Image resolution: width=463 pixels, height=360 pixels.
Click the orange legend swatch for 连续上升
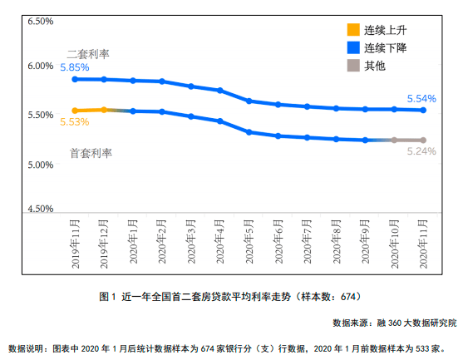pyautogui.click(x=352, y=31)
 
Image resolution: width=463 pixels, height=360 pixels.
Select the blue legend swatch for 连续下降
pyautogui.click(x=352, y=47)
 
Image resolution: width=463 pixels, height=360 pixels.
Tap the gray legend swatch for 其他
pyautogui.click(x=352, y=65)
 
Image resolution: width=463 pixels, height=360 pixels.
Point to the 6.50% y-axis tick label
pyautogui.click(x=41, y=20)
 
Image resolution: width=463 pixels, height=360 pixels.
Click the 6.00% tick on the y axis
pyautogui.click(x=41, y=67)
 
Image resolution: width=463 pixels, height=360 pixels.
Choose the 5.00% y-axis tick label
pyautogui.click(x=41, y=165)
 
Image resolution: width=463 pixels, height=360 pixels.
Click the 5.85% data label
pyautogui.click(x=75, y=67)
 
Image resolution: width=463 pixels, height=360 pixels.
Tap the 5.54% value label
pyautogui.click(x=421, y=98)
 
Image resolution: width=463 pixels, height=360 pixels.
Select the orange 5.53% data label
pyautogui.click(x=75, y=122)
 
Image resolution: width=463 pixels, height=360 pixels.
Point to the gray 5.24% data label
pyautogui.click(x=421, y=151)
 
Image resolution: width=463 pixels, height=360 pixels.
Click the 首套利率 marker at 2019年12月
pyautogui.click(x=104, y=110)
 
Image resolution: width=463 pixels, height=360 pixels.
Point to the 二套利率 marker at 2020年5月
pyautogui.click(x=249, y=101)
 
